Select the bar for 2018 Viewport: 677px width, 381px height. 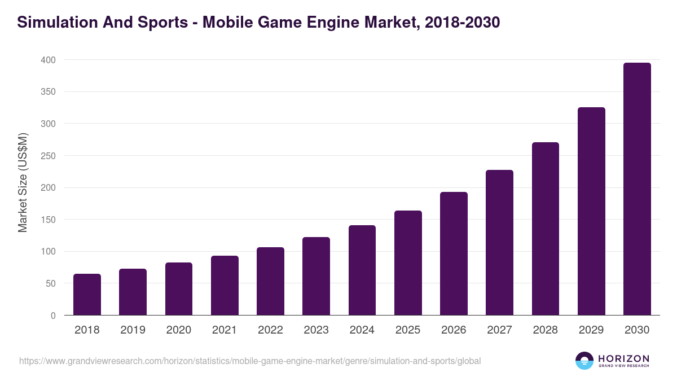point(87,295)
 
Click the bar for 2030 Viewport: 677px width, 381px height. point(637,189)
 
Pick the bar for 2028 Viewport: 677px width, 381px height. point(546,229)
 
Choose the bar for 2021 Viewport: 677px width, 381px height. point(225,286)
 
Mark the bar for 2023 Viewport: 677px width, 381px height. point(316,276)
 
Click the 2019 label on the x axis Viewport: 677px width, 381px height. point(133,330)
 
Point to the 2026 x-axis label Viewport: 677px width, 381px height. point(454,330)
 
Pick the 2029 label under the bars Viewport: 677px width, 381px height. point(591,330)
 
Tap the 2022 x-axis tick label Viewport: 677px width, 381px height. point(270,330)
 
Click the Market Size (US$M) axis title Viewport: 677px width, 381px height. point(23,183)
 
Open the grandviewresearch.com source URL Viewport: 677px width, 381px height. point(250,361)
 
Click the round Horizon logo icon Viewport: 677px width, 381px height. point(584,361)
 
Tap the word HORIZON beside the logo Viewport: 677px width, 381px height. point(623,358)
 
